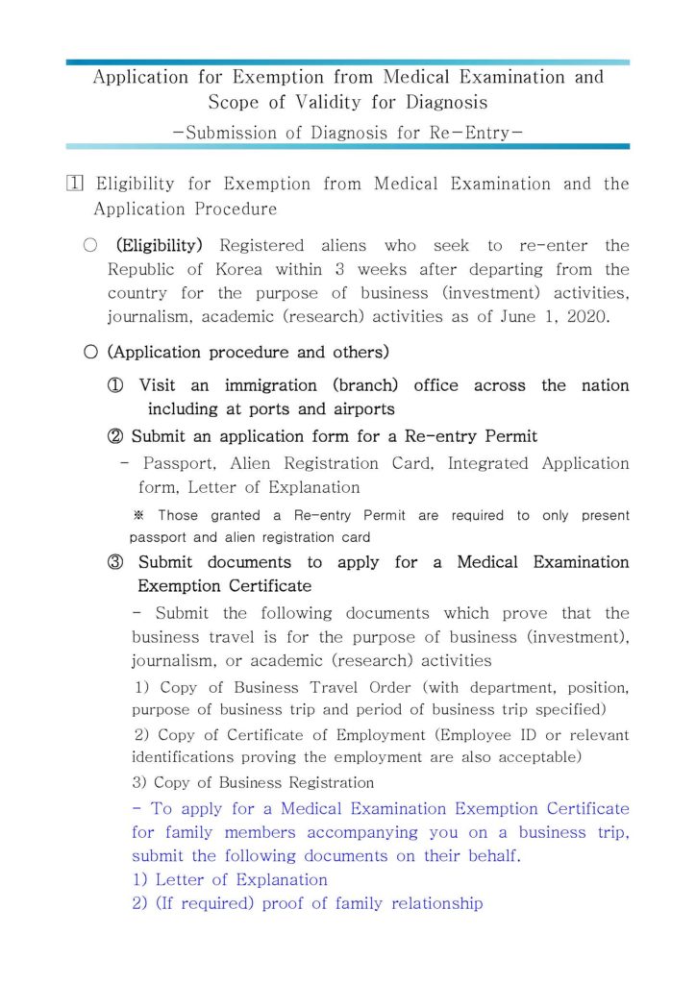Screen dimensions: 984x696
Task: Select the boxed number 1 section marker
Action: (74, 184)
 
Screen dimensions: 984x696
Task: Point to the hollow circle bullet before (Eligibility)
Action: (90, 246)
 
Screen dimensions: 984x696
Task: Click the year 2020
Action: (583, 317)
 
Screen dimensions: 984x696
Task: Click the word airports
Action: (353, 409)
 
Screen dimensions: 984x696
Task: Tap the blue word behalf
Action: (486, 856)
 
